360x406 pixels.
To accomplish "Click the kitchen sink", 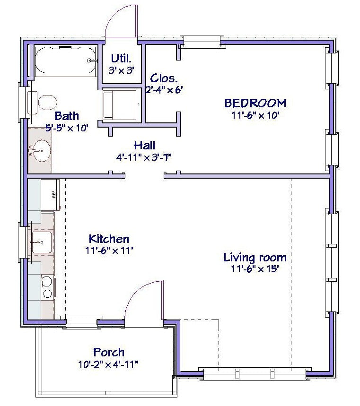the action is pyautogui.click(x=42, y=242).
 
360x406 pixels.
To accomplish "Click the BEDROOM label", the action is pyautogui.click(x=255, y=103).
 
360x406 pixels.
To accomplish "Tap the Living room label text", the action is pyautogui.click(x=255, y=258).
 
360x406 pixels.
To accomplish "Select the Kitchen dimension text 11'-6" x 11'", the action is pyautogui.click(x=109, y=251).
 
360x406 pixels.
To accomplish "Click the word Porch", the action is pyautogui.click(x=109, y=353).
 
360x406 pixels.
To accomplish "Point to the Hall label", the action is pyautogui.click(x=145, y=146).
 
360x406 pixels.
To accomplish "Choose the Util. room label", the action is pyautogui.click(x=121, y=59).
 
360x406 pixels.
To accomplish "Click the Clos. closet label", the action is pyautogui.click(x=164, y=78).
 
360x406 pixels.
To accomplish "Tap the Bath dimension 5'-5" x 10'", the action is pyautogui.click(x=67, y=128).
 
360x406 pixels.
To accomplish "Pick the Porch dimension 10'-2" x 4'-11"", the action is pyautogui.click(x=108, y=364).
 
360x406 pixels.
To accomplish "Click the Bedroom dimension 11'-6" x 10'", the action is pyautogui.click(x=255, y=115).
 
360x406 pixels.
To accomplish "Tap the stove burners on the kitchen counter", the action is pyautogui.click(x=47, y=287).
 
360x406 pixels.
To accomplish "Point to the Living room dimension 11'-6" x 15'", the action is pyautogui.click(x=255, y=269).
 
